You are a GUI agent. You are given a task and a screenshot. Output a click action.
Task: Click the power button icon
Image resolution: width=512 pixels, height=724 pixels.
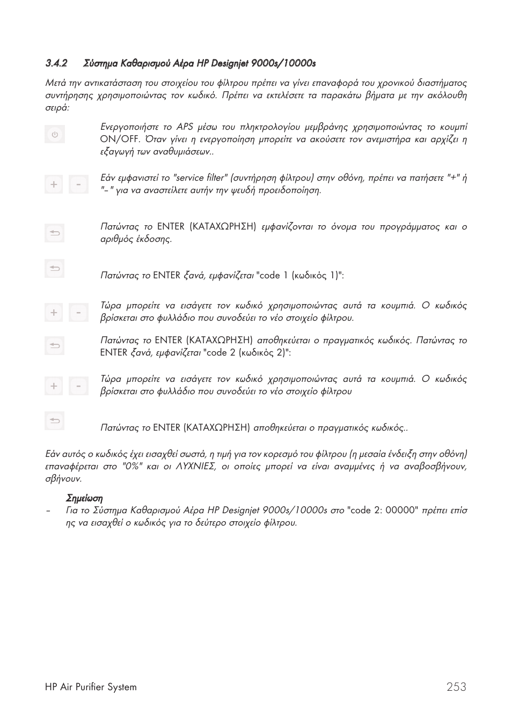pyautogui.click(x=54, y=134)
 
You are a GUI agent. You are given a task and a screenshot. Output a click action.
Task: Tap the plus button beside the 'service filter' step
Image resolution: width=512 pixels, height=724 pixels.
pyautogui.click(x=54, y=184)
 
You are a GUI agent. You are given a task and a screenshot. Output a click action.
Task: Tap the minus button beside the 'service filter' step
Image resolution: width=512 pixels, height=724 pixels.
pyautogui.click(x=78, y=184)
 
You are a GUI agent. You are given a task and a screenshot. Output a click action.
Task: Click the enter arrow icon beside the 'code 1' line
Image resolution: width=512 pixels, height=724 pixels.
pyautogui.click(x=54, y=268)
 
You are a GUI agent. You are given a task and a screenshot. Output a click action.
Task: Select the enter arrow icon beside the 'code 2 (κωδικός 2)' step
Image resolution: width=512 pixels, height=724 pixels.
pyautogui.click(x=54, y=346)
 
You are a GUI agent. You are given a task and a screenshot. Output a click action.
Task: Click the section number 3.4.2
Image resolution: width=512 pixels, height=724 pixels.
pyautogui.click(x=56, y=64)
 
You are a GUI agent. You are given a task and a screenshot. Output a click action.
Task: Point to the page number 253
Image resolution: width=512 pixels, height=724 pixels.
pyautogui.click(x=456, y=687)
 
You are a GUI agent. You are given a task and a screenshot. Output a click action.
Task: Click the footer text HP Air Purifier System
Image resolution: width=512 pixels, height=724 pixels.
pyautogui.click(x=91, y=687)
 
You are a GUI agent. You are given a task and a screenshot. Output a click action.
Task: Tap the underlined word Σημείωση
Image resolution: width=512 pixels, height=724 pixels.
pyautogui.click(x=84, y=498)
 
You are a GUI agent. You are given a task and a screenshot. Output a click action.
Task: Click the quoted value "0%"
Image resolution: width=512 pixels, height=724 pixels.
pyautogui.click(x=131, y=467)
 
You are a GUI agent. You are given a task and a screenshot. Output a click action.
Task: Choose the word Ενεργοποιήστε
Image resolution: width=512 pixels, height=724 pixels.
pyautogui.click(x=129, y=127)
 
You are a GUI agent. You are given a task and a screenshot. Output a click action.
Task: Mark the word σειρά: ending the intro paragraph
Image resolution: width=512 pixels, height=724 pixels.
pyautogui.click(x=57, y=108)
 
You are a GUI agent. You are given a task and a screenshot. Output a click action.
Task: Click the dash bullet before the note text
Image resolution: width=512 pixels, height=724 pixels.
pyautogui.click(x=48, y=511)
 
